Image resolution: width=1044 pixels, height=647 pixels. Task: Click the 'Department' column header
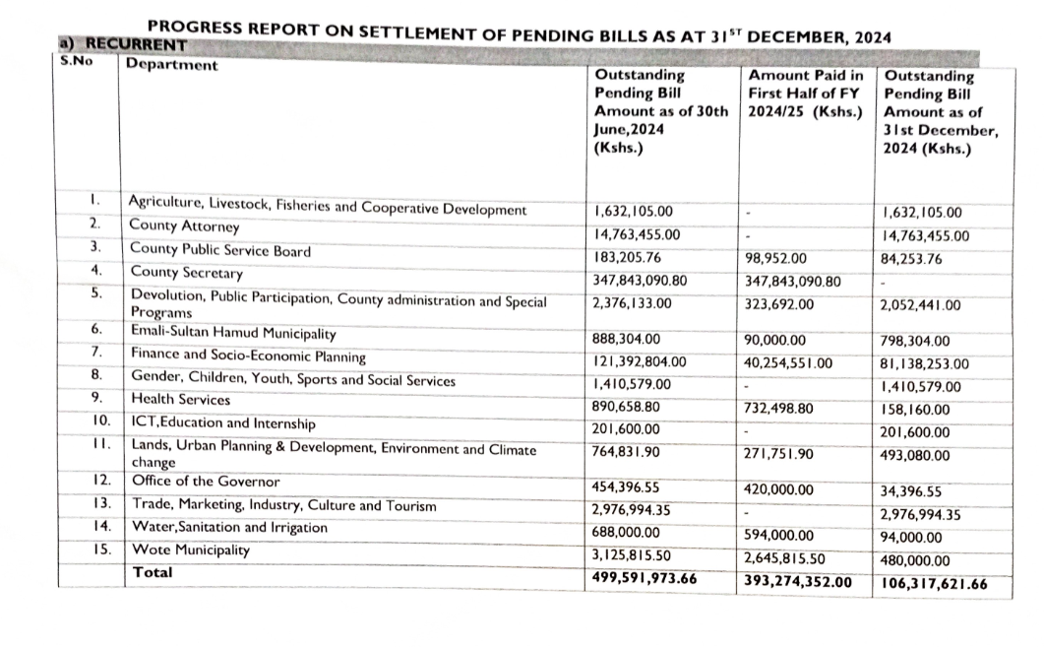(173, 66)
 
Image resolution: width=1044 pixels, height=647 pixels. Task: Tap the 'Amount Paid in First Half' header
(805, 94)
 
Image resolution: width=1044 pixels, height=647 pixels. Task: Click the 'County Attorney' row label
(184, 226)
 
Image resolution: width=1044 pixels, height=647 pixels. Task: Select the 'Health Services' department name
(180, 400)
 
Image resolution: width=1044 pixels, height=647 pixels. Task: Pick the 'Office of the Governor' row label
(205, 483)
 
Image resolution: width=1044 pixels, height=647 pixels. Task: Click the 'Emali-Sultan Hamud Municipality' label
(233, 335)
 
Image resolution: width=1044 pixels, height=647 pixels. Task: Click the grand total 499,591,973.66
(645, 578)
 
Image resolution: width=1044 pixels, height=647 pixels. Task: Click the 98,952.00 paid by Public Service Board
(776, 259)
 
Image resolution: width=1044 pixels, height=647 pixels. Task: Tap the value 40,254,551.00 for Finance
(789, 363)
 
